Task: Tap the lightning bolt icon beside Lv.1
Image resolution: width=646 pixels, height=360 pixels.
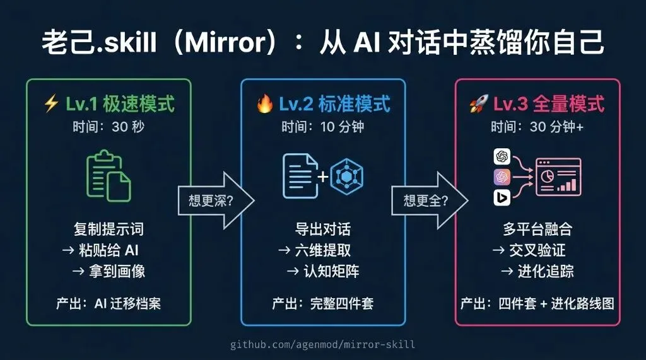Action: pyautogui.click(x=51, y=104)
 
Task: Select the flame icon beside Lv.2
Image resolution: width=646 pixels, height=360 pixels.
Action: pyautogui.click(x=264, y=104)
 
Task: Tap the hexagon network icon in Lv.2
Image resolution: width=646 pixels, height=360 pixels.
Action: pyautogui.click(x=344, y=176)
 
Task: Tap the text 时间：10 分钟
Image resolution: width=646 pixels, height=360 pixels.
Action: pyautogui.click(x=322, y=127)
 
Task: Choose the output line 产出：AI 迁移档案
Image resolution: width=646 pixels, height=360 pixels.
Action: pyautogui.click(x=108, y=303)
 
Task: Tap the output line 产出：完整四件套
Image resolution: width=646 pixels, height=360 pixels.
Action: pyautogui.click(x=322, y=303)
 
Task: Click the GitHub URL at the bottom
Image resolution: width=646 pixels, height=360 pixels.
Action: pyautogui.click(x=322, y=344)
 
